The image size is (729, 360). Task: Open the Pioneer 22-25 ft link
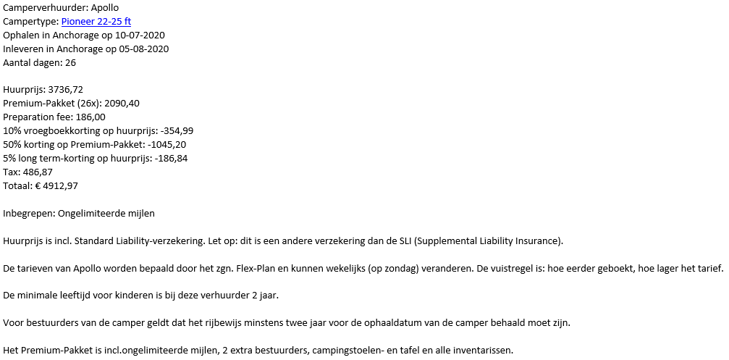[x=96, y=22]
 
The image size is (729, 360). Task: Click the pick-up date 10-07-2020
[x=140, y=35]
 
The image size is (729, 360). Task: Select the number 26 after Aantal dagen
[x=70, y=63]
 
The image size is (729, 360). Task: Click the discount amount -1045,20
[x=163, y=145]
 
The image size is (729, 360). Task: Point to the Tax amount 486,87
[x=43, y=172]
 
